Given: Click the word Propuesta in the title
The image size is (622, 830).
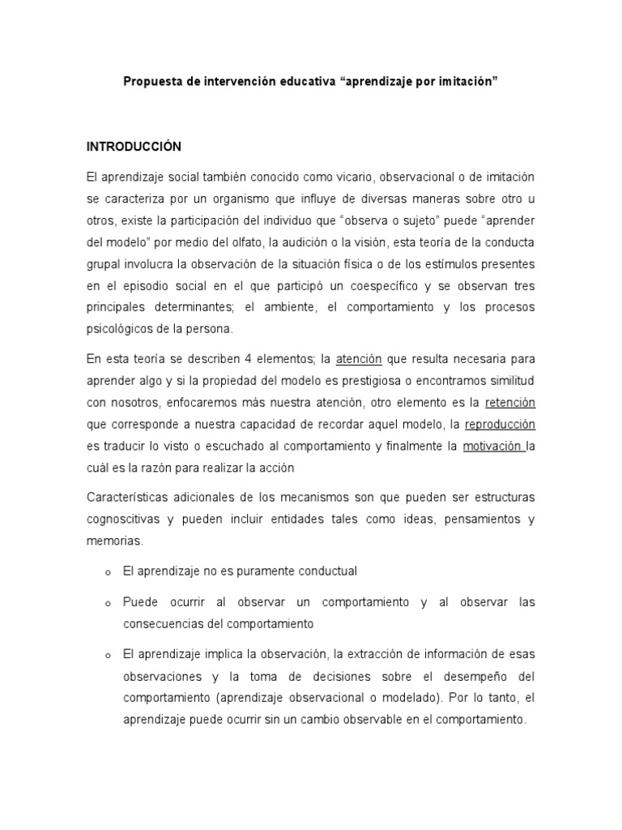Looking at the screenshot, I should pyautogui.click(x=150, y=82).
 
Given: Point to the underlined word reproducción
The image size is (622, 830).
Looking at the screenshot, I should pyautogui.click(x=500, y=424).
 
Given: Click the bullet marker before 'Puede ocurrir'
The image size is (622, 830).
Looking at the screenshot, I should pyautogui.click(x=107, y=605).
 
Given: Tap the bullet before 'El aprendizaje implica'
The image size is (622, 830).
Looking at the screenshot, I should pyautogui.click(x=107, y=656).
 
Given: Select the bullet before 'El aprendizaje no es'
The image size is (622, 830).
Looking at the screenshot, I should pyautogui.click(x=107, y=573).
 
